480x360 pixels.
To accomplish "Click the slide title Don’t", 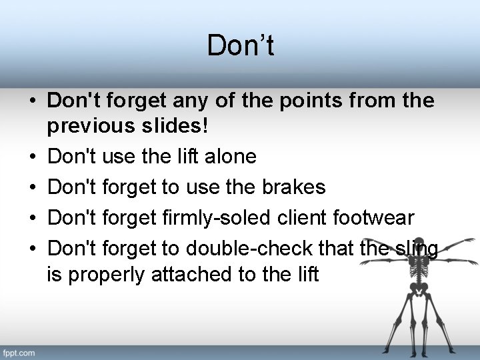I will coord(240,46).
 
